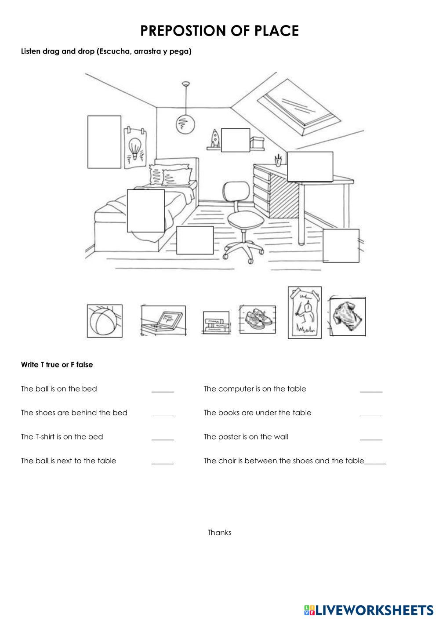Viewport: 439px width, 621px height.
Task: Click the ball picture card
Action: (105, 321)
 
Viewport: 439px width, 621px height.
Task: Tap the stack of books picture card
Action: (216, 323)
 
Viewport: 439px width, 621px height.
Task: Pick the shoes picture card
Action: (258, 320)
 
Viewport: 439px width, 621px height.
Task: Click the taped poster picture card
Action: (305, 313)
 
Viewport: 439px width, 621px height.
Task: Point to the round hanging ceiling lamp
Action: (185, 124)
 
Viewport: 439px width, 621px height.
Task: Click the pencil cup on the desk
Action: (279, 161)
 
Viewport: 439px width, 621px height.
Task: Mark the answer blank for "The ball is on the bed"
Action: (163, 389)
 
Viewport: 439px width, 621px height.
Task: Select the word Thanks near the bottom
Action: (219, 533)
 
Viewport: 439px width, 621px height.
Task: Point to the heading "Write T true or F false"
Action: (57, 365)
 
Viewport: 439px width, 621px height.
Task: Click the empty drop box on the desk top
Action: (310, 167)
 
